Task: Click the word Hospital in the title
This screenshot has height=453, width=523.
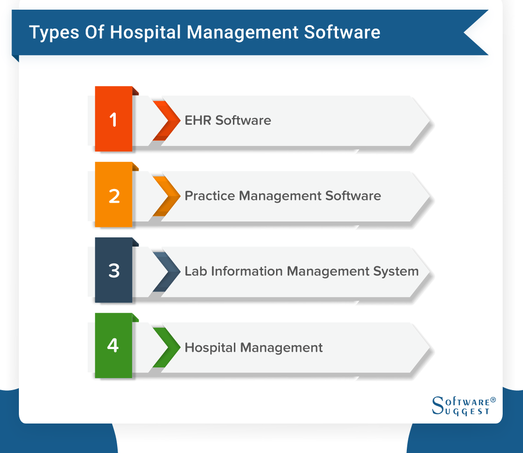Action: pos(145,33)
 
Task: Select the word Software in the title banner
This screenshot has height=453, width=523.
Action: pos(342,32)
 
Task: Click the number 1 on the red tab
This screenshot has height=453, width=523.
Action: pos(113,120)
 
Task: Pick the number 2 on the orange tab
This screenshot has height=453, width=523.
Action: pos(114,196)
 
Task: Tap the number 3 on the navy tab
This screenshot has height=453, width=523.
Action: pos(114,270)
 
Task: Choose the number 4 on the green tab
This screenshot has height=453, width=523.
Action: pos(113,345)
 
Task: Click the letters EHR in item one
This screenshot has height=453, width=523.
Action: pos(198,120)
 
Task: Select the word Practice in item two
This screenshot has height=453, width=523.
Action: pos(210,196)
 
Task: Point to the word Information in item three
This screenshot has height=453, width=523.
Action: pos(247,271)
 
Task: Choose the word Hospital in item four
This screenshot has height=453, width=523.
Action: pos(211,348)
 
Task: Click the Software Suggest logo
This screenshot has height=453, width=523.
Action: pos(463,406)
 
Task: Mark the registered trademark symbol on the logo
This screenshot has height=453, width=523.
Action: pos(493,400)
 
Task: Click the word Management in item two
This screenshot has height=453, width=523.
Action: pos(280,196)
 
